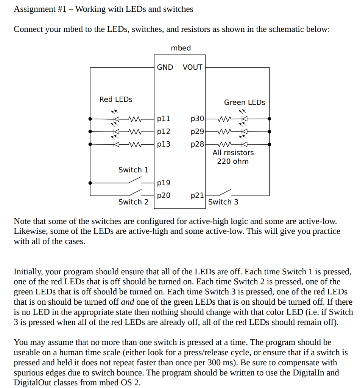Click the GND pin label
[165, 67]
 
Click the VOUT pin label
[192, 67]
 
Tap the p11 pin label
[164, 119]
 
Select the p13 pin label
[164, 144]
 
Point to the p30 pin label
[197, 119]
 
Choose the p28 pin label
[197, 144]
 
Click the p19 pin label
[164, 183]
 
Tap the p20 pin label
[164, 196]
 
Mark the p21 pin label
[197, 196]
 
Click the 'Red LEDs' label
[116, 99]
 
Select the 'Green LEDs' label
[245, 102]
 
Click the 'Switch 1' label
[133, 170]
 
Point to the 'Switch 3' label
[223, 202]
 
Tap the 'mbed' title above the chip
[181, 48]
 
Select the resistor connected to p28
[224, 144]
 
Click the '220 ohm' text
[233, 161]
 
